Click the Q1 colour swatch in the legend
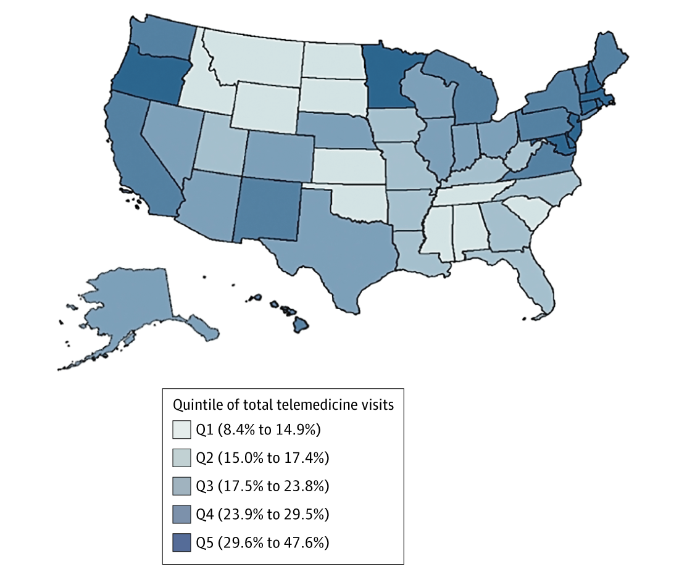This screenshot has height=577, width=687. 182,429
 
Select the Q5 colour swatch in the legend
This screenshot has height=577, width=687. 182,542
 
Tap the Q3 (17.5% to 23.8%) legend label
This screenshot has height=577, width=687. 262,486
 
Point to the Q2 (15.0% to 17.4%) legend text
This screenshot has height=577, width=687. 262,457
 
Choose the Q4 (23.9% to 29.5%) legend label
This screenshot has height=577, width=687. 262,514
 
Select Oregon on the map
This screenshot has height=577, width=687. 151,77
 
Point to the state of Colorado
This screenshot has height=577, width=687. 275,154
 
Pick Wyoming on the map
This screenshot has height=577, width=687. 265,102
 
